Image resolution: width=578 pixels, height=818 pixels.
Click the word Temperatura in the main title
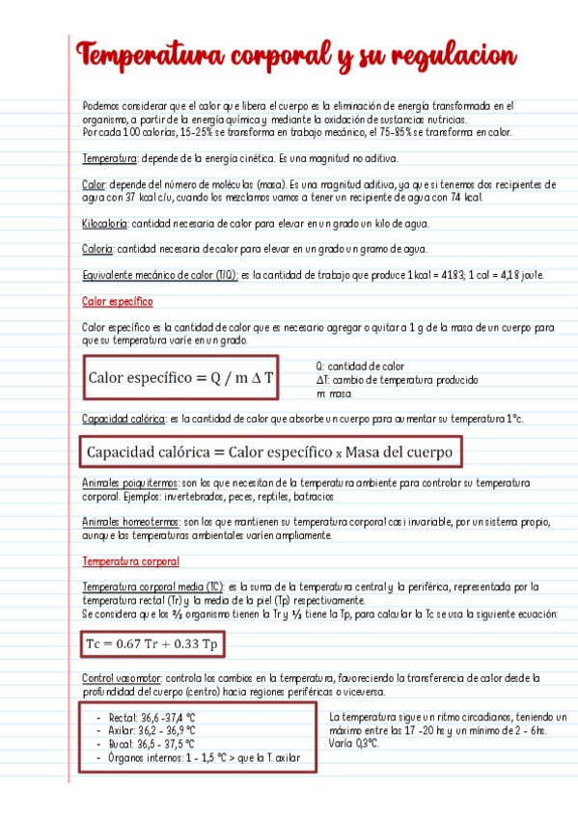tap(149, 56)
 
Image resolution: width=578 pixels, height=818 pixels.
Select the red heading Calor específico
tap(118, 301)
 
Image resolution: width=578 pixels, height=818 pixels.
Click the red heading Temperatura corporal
tap(130, 560)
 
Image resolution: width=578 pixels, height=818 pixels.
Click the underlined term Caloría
tap(98, 249)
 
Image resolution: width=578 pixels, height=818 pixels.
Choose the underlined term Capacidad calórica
tap(124, 419)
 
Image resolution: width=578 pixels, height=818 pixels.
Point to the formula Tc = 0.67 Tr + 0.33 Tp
tap(152, 643)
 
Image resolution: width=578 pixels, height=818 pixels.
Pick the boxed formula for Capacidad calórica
tap(269, 451)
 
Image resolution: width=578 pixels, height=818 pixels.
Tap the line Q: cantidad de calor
tap(360, 367)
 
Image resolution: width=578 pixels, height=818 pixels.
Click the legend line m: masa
tap(334, 394)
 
